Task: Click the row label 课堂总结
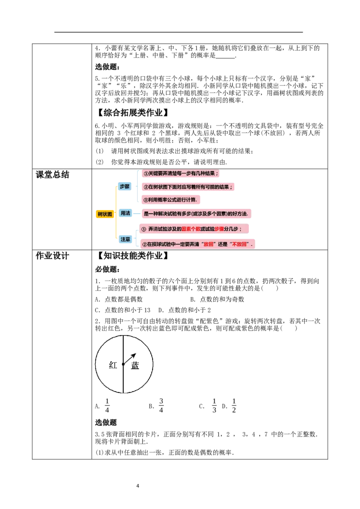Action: click(x=52, y=174)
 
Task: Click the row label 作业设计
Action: click(x=52, y=256)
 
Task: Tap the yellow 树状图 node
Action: click(x=105, y=214)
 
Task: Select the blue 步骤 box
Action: click(x=125, y=186)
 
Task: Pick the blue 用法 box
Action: click(x=126, y=213)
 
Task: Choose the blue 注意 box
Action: click(x=126, y=239)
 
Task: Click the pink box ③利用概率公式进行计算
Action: click(x=171, y=200)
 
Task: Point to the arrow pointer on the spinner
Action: click(x=129, y=359)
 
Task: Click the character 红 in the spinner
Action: click(x=113, y=365)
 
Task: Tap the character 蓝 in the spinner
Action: click(x=135, y=366)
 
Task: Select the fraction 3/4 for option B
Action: click(x=161, y=406)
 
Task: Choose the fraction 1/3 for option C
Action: click(x=214, y=406)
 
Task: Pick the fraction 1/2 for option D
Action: click(x=234, y=406)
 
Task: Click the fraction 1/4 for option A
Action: click(x=107, y=406)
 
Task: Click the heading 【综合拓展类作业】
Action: click(x=133, y=113)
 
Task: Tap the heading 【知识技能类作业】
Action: click(x=133, y=256)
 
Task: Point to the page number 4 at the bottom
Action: click(x=138, y=486)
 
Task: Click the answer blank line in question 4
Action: click(x=225, y=58)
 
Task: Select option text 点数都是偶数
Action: click(x=123, y=299)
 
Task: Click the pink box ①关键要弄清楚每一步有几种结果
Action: click(x=180, y=174)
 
